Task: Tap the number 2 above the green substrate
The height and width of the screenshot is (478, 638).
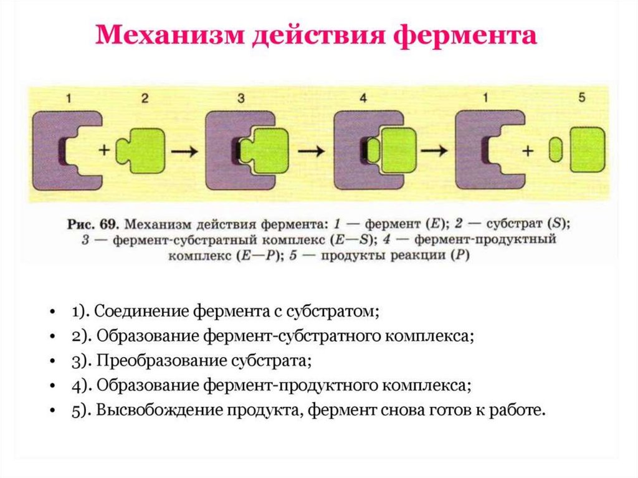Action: tap(145, 98)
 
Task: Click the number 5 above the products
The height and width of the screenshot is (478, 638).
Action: tap(582, 98)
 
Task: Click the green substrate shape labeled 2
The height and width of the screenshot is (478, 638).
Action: tap(142, 151)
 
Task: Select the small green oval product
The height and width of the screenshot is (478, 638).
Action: tap(556, 151)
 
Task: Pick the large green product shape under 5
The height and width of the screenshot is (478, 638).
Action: tap(587, 150)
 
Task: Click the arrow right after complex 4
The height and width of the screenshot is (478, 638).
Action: tap(434, 151)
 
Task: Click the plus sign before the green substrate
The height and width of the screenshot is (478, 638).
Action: tap(104, 150)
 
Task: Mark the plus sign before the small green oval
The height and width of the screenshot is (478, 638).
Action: tap(530, 150)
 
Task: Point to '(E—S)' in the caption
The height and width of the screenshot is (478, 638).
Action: tap(355, 239)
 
